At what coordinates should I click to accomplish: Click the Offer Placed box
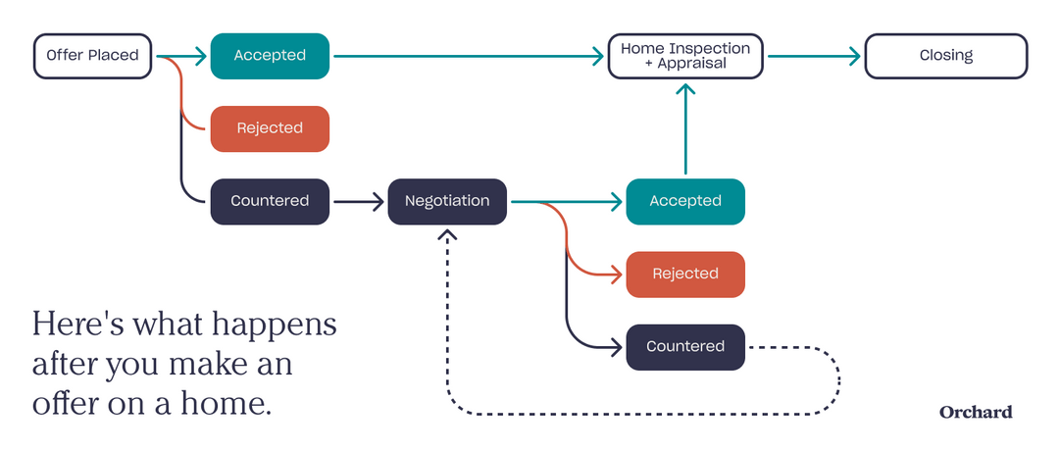point(93,56)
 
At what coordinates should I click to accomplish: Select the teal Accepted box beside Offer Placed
point(270,56)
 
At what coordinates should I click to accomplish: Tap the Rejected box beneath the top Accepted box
point(270,128)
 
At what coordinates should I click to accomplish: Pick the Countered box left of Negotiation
point(270,201)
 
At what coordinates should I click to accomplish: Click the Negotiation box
point(447,201)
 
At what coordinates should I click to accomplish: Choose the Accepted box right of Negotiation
point(685,201)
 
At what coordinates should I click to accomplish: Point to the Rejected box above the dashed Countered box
point(685,274)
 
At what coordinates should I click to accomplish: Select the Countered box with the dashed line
point(685,346)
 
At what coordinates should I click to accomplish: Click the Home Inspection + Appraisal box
point(685,56)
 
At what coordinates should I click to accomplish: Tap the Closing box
point(945,56)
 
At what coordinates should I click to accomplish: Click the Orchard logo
point(976,412)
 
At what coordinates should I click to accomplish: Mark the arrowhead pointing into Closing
point(853,56)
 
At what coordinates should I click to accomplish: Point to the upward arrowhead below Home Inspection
point(685,90)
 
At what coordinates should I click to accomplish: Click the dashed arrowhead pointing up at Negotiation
point(447,235)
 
